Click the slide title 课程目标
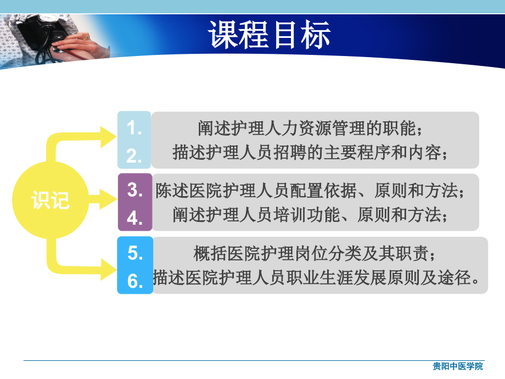click(x=269, y=35)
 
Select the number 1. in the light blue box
click(x=134, y=128)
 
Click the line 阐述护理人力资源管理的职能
click(x=311, y=129)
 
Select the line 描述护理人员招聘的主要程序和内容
click(x=311, y=152)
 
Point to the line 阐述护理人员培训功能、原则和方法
click(x=311, y=215)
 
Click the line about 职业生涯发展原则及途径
click(x=319, y=278)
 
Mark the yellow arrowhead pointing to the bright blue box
click(x=108, y=267)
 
